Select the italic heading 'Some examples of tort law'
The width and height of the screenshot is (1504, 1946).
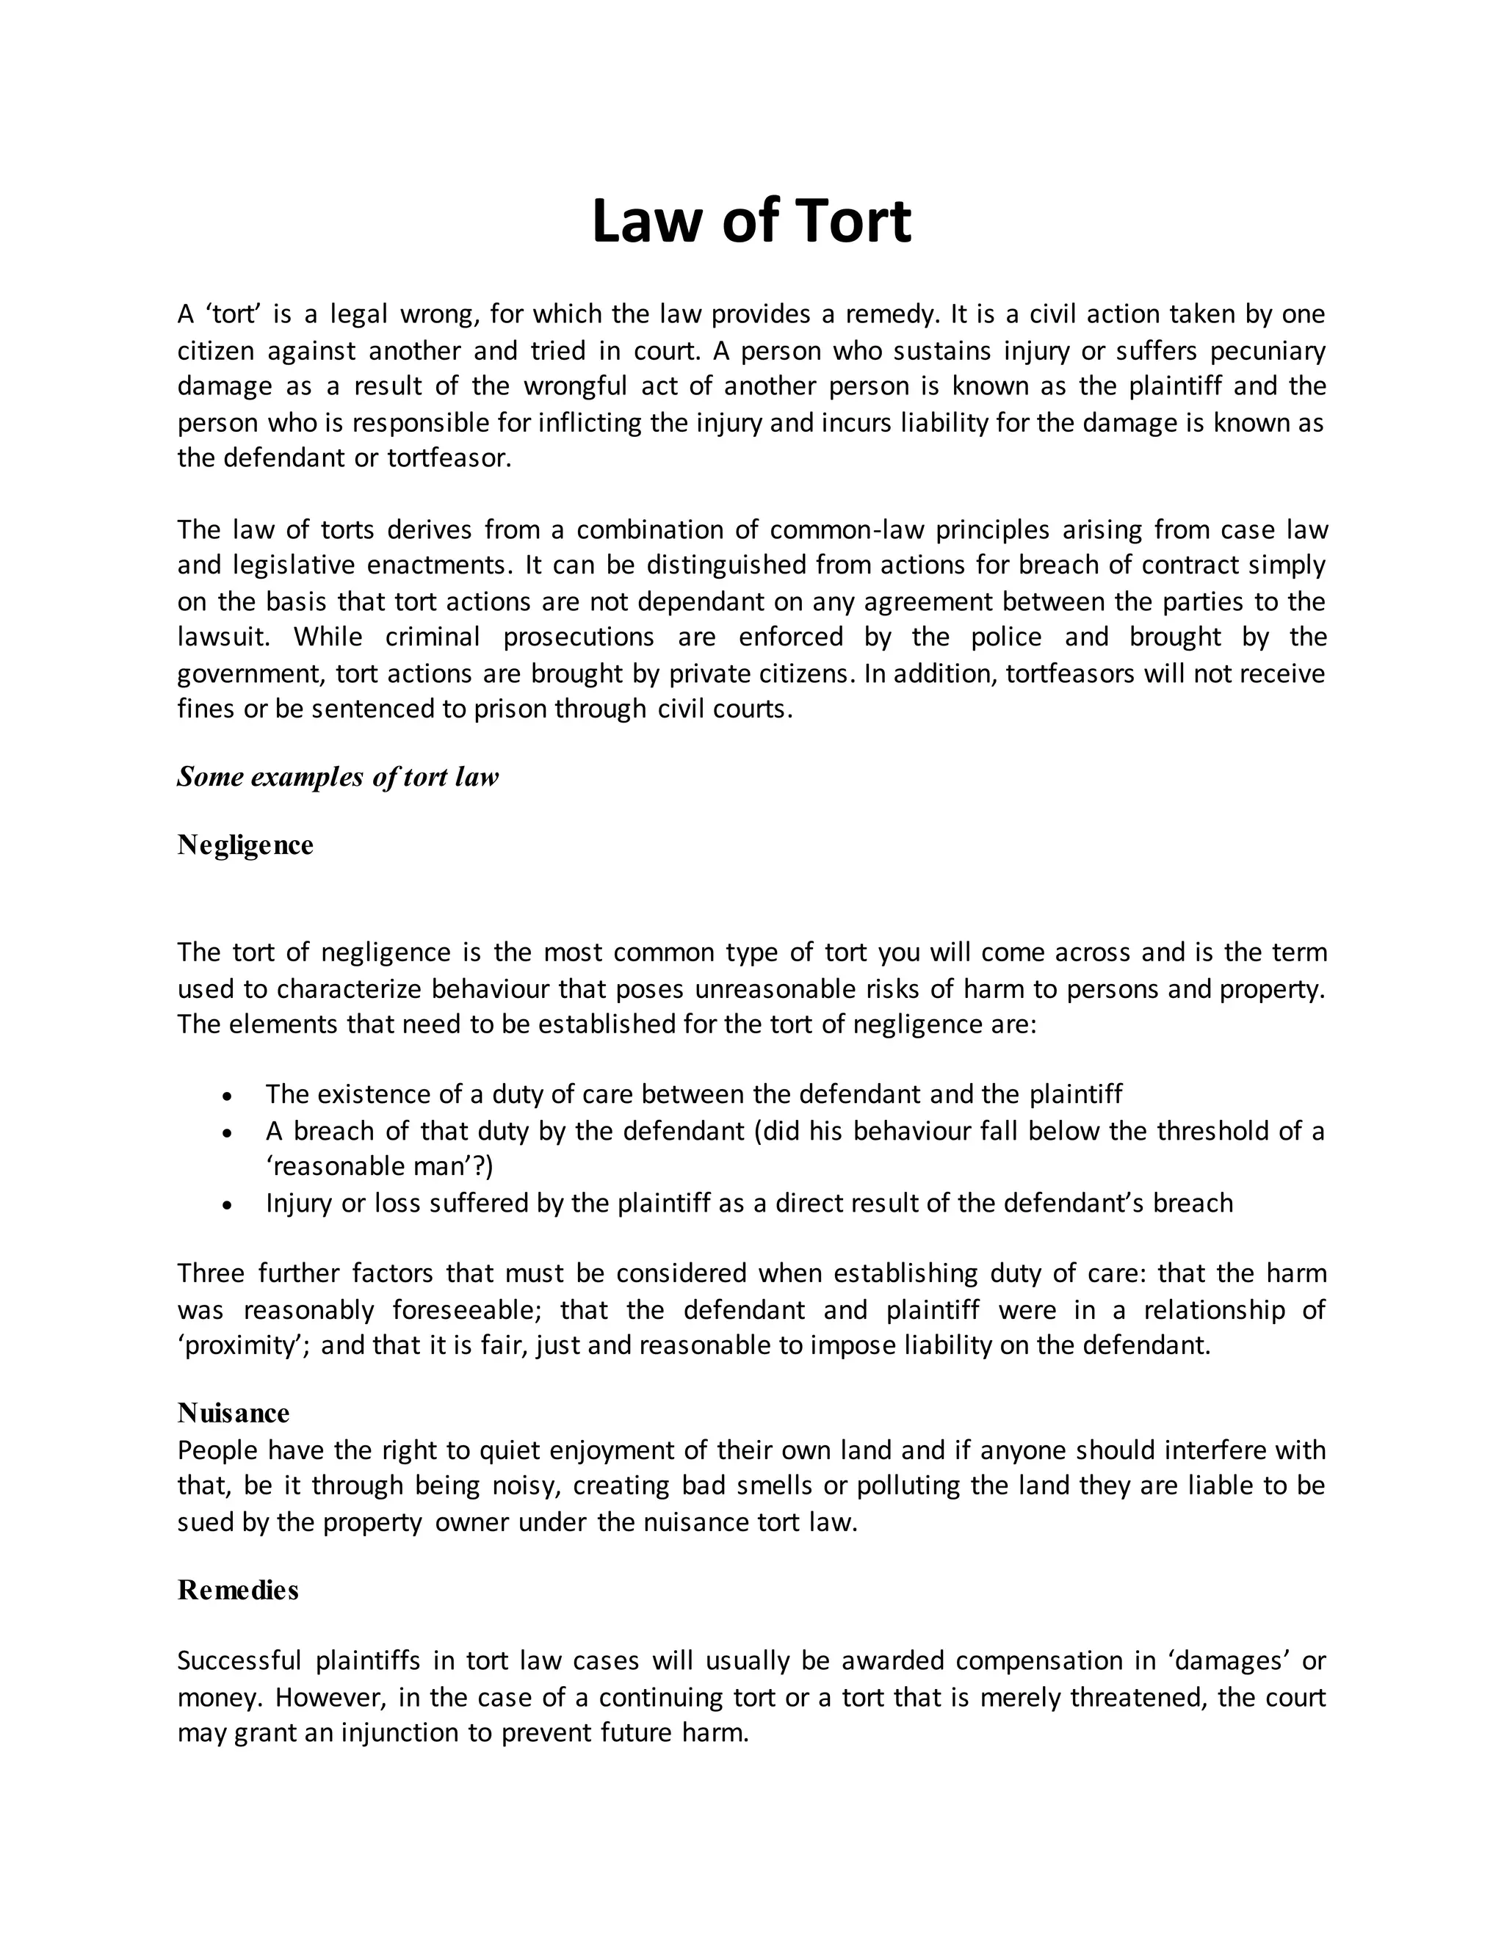(338, 777)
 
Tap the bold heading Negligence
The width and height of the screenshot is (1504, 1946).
(245, 844)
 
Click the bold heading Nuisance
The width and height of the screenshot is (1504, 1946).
(234, 1413)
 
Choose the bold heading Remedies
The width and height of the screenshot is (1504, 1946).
(238, 1590)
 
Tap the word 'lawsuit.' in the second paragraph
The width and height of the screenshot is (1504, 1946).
(223, 637)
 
